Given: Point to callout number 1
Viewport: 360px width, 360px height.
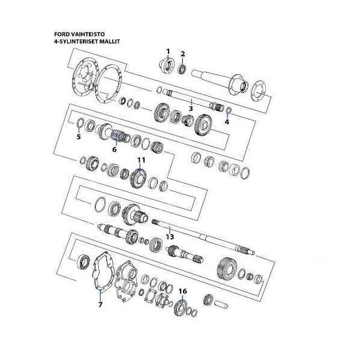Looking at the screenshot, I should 168,51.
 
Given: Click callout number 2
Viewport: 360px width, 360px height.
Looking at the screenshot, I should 183,53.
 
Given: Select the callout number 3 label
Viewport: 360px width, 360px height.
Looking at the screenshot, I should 190,109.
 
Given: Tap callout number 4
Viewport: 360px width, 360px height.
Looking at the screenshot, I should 227,122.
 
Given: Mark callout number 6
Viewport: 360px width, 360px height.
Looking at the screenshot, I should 114,149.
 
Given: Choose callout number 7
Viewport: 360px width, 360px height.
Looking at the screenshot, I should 100,304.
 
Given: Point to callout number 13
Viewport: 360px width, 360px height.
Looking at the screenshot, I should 170,236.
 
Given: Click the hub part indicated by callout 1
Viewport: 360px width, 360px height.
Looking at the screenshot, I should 166,65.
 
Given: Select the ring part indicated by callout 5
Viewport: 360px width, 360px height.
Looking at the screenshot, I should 79,124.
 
